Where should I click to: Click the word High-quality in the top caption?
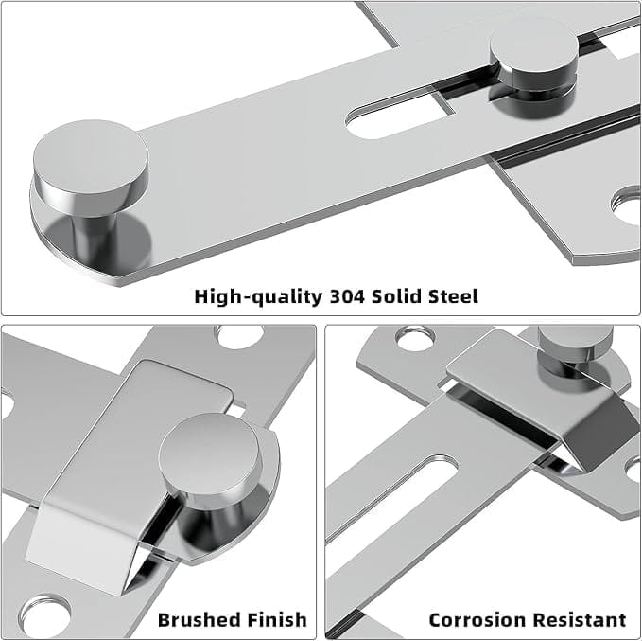tap(258, 297)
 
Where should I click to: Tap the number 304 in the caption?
tap(347, 296)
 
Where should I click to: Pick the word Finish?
tap(274, 619)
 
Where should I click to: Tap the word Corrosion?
tap(476, 619)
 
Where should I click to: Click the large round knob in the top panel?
tap(91, 185)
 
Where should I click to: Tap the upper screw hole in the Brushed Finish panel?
tap(239, 336)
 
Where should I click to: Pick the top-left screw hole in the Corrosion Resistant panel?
tap(414, 337)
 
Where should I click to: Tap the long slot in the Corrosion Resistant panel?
tap(392, 496)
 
